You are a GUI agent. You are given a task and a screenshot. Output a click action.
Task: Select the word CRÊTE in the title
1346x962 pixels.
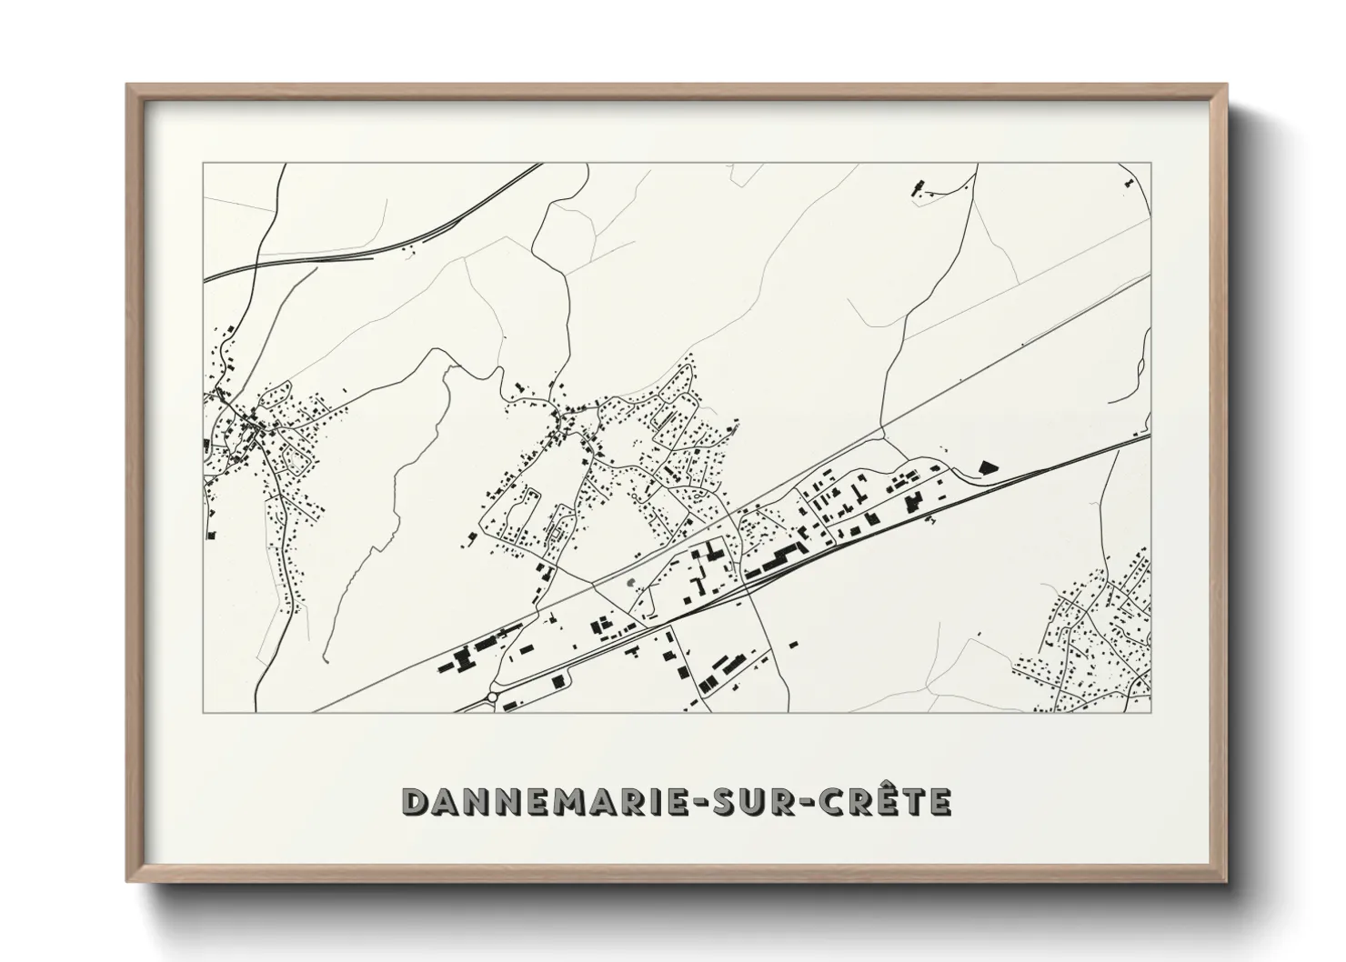pyautogui.click(x=881, y=801)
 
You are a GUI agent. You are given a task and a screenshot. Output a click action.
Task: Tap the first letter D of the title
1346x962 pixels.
pyautogui.click(x=414, y=801)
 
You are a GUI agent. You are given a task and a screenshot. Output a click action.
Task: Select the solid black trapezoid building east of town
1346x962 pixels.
pyautogui.click(x=986, y=466)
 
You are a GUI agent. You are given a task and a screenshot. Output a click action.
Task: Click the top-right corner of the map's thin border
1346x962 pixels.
pyautogui.click(x=1151, y=164)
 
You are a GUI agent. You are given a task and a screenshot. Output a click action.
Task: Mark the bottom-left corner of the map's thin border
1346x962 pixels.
pyautogui.click(x=203, y=712)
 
